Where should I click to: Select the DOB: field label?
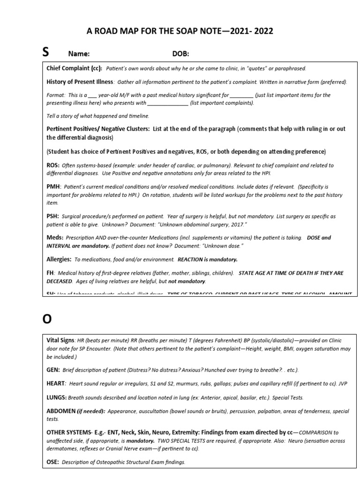tap(180, 54)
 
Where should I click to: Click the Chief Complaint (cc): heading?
tap(74, 68)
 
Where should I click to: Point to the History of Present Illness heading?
tap(79, 82)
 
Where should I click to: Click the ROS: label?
tap(52, 165)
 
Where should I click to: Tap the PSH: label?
tap(52, 216)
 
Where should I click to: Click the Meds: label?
tap(55, 238)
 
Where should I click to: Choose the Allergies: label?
tap(59, 259)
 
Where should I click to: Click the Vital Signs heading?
tap(60, 340)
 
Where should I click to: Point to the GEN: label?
tap(53, 369)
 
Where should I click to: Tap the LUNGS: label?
tap(57, 397)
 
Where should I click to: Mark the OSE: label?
tap(52, 462)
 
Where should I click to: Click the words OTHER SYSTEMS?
tap(69, 432)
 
